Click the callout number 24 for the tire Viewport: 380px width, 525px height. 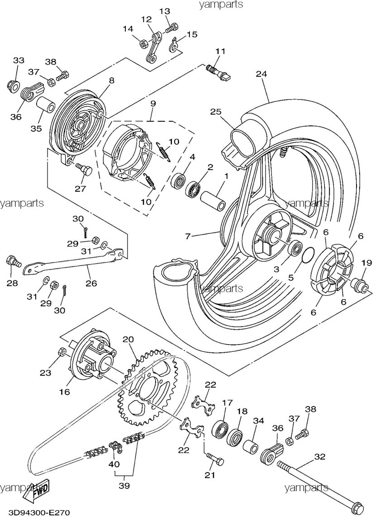pos(261,74)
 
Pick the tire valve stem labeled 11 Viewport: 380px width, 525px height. pos(218,71)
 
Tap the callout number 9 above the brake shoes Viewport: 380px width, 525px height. pos(153,104)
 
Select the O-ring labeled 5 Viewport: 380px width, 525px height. pos(307,255)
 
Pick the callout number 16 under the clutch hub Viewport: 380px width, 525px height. pos(64,392)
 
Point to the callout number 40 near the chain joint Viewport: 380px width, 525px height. pos(113,464)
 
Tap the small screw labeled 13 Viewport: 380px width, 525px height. pos(170,29)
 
